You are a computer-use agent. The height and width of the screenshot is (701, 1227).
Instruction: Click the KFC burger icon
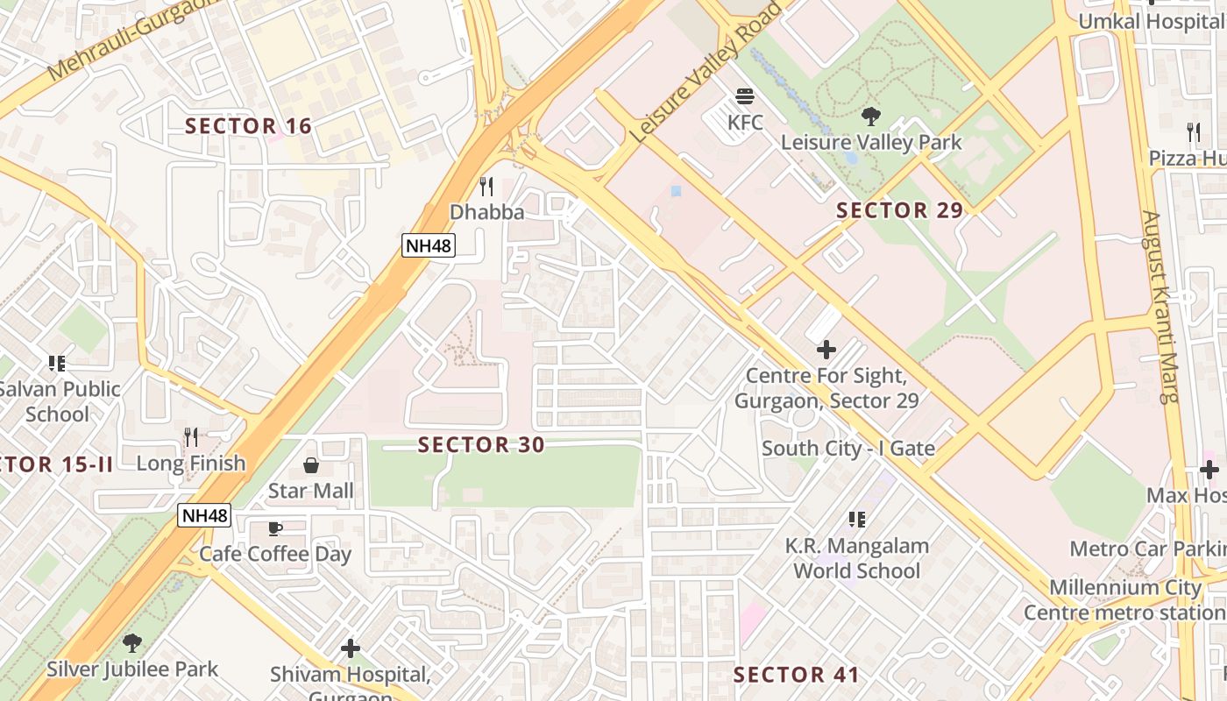click(745, 96)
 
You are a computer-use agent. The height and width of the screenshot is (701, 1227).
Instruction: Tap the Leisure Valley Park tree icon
click(870, 116)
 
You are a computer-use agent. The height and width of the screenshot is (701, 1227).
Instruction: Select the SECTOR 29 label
click(899, 210)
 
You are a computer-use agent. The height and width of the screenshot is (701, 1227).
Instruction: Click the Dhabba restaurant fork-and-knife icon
click(486, 187)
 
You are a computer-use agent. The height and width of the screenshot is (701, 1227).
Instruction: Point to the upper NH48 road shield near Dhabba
click(429, 245)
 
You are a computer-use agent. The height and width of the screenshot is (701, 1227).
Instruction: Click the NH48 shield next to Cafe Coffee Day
click(204, 515)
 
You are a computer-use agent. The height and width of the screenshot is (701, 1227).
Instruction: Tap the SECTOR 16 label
click(248, 126)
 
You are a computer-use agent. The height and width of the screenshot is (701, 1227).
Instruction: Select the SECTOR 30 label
click(481, 445)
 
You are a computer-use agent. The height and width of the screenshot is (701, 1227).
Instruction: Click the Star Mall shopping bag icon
click(310, 464)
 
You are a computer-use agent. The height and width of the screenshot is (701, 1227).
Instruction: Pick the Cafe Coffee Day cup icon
click(274, 528)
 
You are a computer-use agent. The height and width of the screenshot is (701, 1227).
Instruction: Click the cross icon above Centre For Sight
click(826, 350)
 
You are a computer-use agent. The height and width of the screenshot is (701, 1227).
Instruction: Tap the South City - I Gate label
click(848, 449)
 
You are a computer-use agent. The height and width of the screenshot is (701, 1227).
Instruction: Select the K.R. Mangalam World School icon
click(856, 520)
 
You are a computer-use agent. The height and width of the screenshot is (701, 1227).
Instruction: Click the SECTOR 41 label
click(796, 675)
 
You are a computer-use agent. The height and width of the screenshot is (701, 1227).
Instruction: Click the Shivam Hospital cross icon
click(350, 648)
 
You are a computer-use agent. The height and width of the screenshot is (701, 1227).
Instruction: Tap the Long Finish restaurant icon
click(190, 436)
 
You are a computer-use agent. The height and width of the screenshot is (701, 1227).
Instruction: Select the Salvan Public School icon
click(57, 363)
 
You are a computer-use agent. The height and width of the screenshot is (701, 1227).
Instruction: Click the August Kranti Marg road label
click(1158, 307)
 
